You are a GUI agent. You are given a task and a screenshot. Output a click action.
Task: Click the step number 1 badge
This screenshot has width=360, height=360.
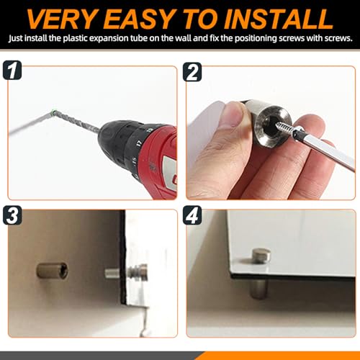point(12,70)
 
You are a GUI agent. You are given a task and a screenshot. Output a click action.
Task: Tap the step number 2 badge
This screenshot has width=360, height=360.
point(192,72)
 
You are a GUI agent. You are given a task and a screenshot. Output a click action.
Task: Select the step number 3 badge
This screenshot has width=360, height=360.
point(12,215)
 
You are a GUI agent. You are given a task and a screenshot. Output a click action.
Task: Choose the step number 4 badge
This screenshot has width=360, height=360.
point(192,215)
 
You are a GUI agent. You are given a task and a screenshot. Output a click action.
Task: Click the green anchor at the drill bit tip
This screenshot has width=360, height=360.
point(54,112)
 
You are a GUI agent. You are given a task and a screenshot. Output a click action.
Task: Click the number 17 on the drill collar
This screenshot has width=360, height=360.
point(139,143)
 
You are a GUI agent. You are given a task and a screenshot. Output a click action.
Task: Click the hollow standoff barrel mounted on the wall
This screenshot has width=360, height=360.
point(52,271)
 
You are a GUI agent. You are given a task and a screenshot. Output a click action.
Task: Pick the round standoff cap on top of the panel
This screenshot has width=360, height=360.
point(261,256)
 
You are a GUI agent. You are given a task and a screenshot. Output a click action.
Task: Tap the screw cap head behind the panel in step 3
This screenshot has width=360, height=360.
point(138,272)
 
